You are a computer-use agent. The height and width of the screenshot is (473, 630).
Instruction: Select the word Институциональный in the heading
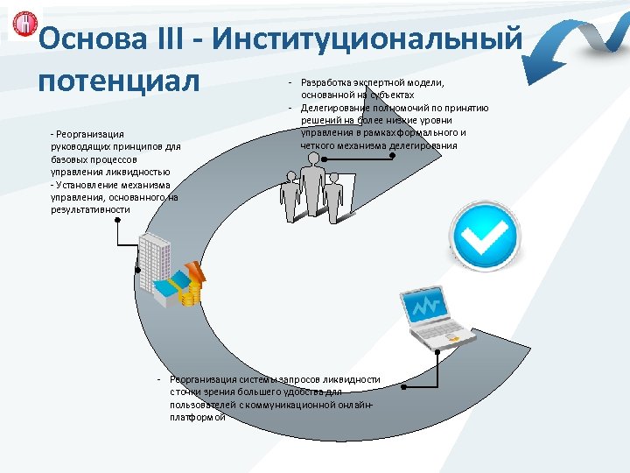pos(368,39)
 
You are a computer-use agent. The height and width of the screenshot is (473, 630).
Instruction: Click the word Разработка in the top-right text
pos(326,83)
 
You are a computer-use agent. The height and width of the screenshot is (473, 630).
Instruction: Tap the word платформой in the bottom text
pos(197,417)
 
